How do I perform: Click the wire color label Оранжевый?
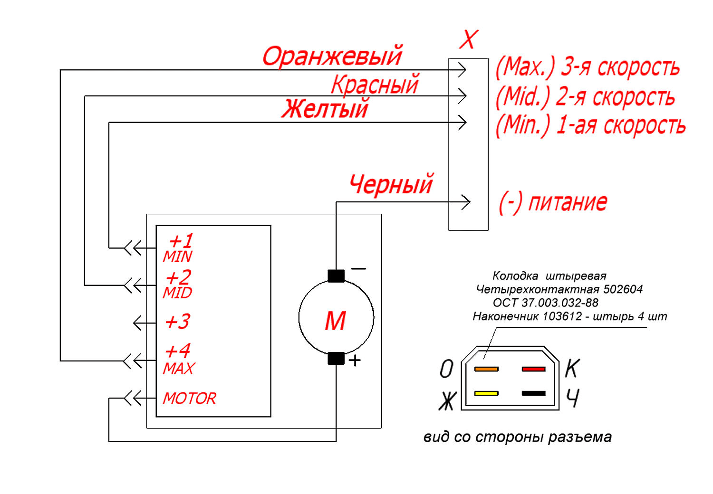coord(332,57)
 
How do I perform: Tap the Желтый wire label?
coord(325,108)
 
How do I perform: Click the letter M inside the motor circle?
coord(335,321)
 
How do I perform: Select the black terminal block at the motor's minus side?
coord(336,276)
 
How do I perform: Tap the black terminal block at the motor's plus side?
coord(336,358)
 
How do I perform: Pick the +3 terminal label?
coord(177,321)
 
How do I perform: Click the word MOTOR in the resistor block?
coord(189,398)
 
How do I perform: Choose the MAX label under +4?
coord(179,368)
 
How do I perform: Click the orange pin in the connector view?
coord(486,369)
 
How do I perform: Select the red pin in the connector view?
coord(533,369)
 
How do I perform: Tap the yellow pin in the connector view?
coord(486,393)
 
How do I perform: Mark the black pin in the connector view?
coord(533,393)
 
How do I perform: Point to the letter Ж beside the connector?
coord(448,401)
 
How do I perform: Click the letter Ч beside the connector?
coord(573,398)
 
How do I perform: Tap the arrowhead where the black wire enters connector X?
coord(466,202)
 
